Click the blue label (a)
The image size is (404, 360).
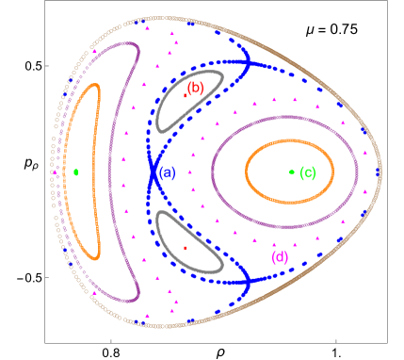[167, 173]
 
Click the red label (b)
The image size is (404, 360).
[195, 88]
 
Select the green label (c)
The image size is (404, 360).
[307, 172]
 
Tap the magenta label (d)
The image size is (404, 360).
[280, 257]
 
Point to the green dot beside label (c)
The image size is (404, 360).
[292, 172]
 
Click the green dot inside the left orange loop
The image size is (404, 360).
[75, 172]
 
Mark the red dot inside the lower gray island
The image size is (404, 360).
[185, 248]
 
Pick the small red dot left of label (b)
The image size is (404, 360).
[185, 93]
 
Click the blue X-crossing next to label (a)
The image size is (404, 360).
[152, 172]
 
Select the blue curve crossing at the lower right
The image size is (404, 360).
[246, 280]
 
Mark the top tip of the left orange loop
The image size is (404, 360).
[94, 86]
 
